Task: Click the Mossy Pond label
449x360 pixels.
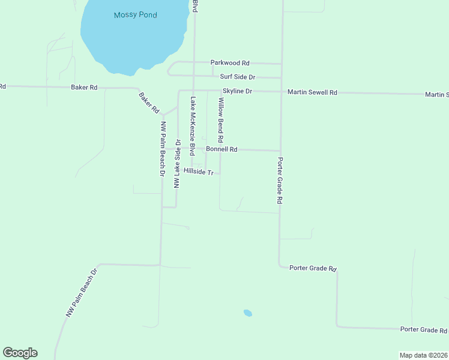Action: [135, 14]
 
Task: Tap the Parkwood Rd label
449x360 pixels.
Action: [230, 62]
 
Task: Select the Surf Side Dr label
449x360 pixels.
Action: [238, 77]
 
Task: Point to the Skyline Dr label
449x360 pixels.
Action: [237, 91]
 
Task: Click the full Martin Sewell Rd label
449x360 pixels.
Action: [312, 92]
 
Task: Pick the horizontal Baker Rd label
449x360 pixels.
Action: [84, 87]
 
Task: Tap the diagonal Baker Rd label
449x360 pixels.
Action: [149, 103]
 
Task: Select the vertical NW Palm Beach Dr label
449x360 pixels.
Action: [162, 148]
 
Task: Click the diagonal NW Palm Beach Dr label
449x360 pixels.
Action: [81, 293]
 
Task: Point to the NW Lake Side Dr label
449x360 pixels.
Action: [178, 164]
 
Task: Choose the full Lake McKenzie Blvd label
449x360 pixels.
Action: [193, 127]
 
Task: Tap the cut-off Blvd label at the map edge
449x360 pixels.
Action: [194, 6]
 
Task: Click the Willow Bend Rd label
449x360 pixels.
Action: [221, 117]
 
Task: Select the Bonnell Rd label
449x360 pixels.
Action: [221, 149]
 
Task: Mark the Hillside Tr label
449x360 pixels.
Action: [199, 172]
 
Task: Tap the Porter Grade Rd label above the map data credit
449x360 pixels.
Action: [424, 330]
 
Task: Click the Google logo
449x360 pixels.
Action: [20, 353]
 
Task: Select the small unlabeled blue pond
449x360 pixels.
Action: [247, 313]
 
